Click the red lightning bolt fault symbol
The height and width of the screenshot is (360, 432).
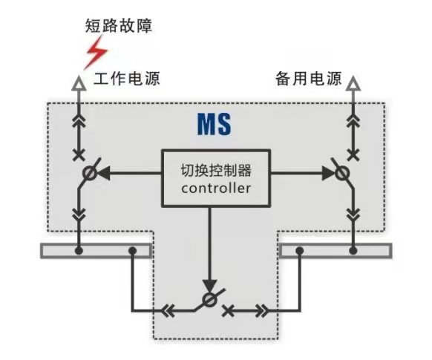[x=96, y=53]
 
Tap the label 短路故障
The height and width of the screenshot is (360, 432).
[x=119, y=26]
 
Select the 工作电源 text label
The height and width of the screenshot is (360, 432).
[x=127, y=78]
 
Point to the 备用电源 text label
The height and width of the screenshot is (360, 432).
[x=309, y=78]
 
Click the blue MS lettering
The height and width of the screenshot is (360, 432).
[x=214, y=124]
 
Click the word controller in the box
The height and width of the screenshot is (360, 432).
[x=216, y=189]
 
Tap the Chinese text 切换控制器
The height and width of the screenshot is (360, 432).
[x=216, y=171]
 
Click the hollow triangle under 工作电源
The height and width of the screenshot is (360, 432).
[x=79, y=83]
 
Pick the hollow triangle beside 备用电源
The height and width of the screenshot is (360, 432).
[x=353, y=83]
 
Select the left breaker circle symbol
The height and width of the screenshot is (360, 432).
[x=90, y=174]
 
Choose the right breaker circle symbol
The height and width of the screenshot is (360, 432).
[x=342, y=174]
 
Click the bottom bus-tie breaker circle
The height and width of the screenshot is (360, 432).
[x=210, y=300]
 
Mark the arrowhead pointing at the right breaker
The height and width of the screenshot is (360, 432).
[x=328, y=173]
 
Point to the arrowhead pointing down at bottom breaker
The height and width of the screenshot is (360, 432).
[x=210, y=287]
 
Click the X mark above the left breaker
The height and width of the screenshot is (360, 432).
[x=79, y=155]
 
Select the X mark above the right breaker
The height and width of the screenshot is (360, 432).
[x=353, y=155]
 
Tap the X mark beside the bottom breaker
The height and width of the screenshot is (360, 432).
[x=229, y=311]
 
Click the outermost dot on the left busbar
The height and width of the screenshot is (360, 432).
[x=79, y=251]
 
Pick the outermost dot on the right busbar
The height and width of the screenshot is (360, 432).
[x=353, y=251]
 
